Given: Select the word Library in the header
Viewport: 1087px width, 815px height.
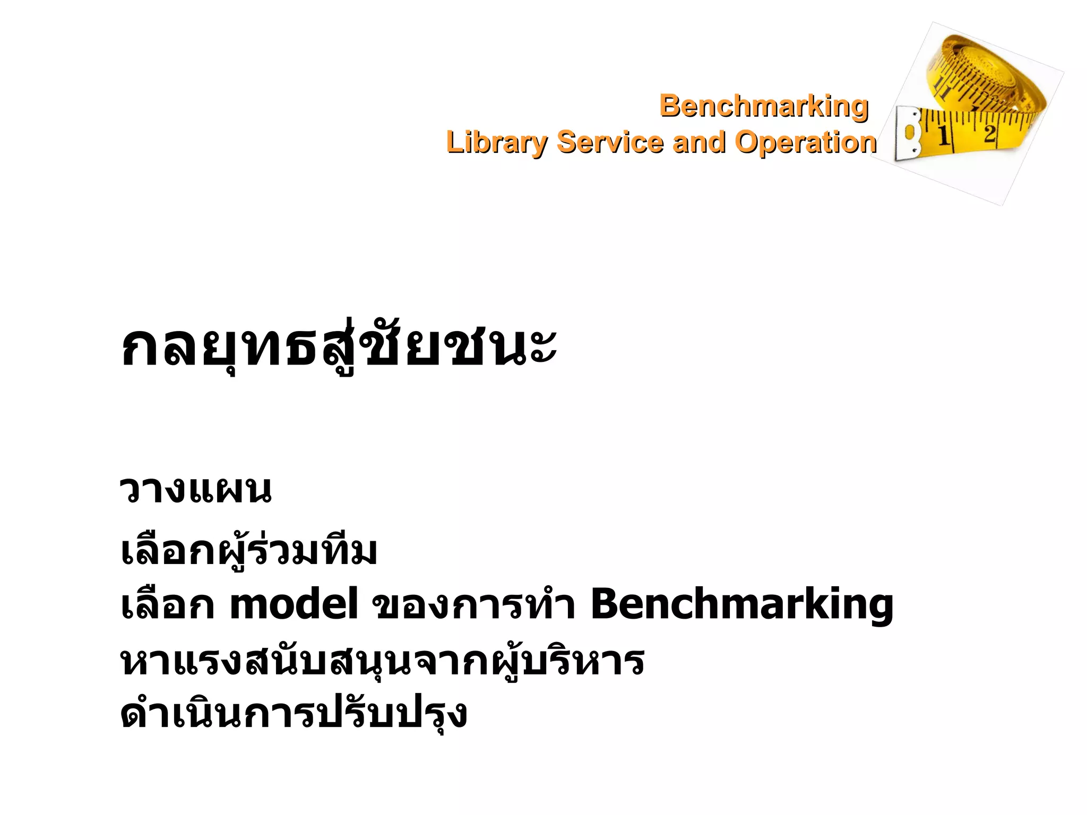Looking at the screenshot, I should [496, 143].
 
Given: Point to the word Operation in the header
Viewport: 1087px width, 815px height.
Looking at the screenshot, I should [805, 142].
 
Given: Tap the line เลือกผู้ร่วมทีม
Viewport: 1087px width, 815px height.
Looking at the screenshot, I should [249, 552].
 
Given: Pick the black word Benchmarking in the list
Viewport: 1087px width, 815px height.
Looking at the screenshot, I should [741, 605].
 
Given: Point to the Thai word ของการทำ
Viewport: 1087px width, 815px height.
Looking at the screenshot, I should [473, 605].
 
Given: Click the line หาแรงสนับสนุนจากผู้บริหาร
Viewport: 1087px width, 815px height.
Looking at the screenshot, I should [382, 662].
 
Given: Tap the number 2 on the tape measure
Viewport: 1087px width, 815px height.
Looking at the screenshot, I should [989, 133].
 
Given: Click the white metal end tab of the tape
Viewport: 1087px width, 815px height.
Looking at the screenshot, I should [908, 133].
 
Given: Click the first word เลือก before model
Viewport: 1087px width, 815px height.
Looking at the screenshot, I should [167, 605].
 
